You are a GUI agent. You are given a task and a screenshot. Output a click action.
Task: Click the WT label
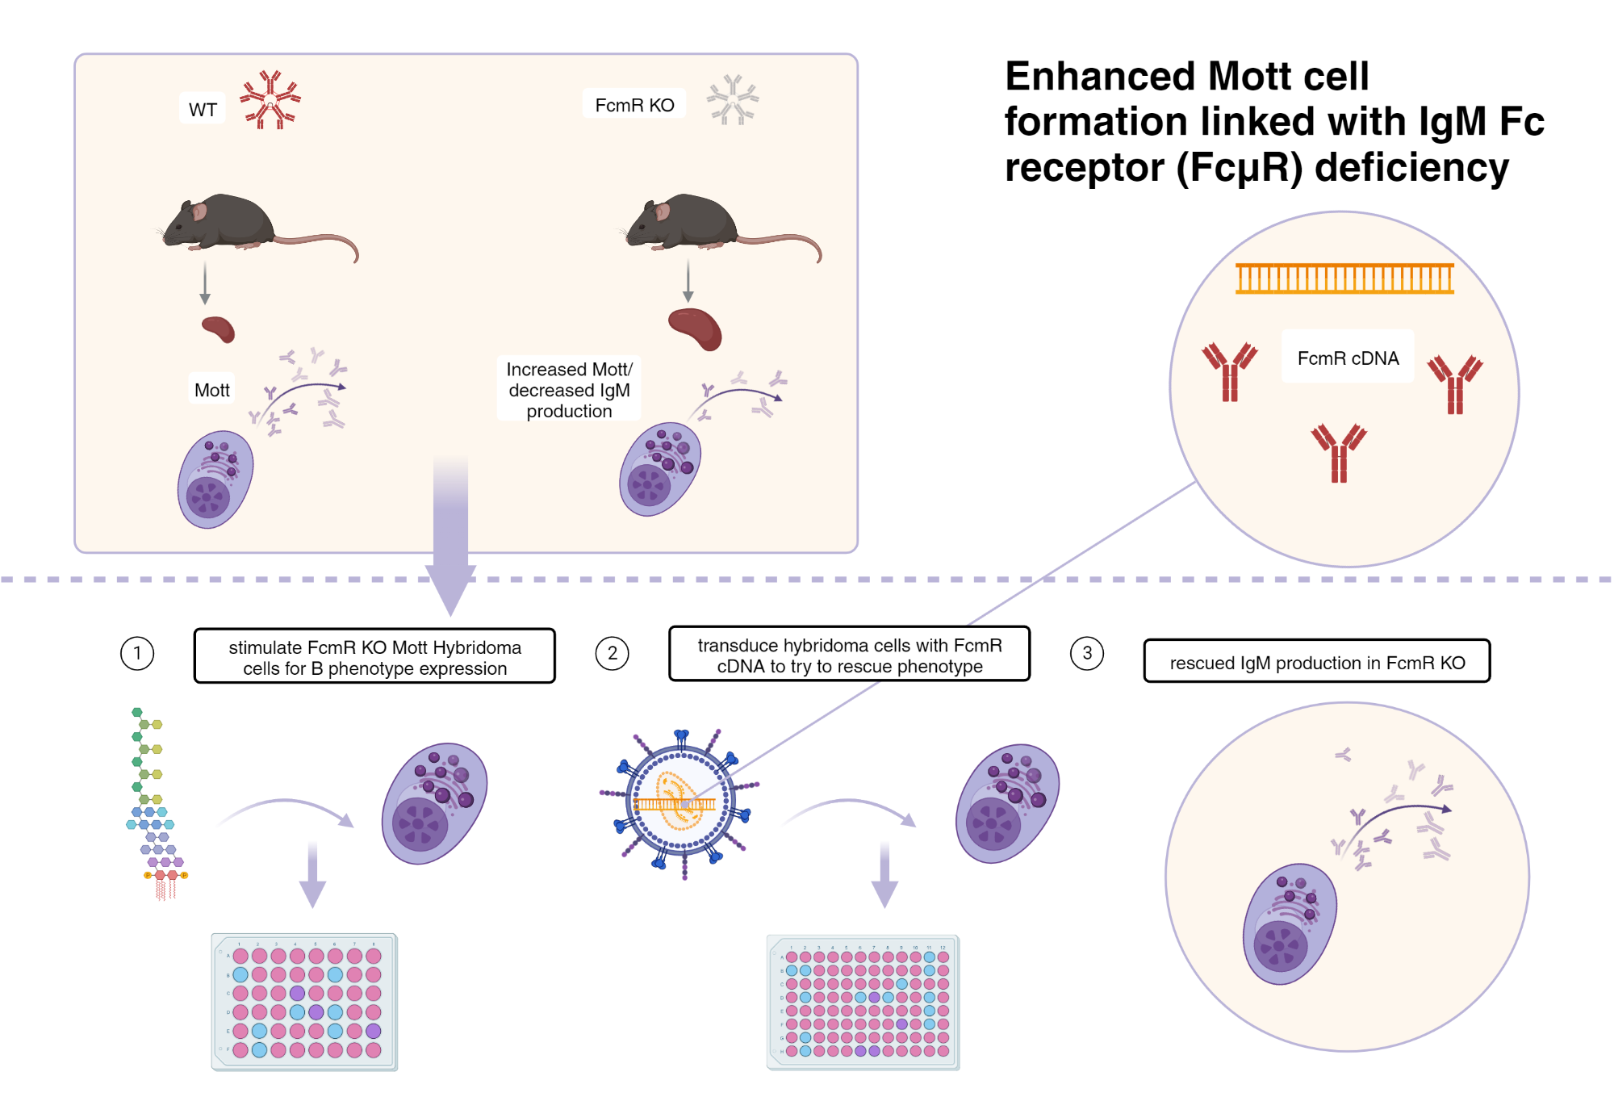[x=203, y=110]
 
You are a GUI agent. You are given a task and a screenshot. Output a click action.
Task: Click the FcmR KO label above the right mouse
[x=634, y=105]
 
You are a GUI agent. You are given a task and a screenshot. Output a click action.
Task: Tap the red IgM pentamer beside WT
[x=270, y=100]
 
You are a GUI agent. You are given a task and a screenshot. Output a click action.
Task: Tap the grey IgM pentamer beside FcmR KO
[x=733, y=100]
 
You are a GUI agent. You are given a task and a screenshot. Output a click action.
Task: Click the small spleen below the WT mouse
[x=218, y=329]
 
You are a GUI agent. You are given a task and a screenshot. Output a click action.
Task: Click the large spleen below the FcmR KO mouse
[x=696, y=329]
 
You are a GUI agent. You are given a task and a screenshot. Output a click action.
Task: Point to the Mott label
[x=211, y=391]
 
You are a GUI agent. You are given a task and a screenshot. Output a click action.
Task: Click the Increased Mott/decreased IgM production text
[x=569, y=390]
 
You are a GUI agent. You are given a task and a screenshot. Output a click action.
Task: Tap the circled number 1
[x=137, y=654]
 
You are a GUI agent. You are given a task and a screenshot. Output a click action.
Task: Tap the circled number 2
[x=613, y=654]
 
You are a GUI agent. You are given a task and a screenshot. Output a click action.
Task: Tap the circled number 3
[x=1087, y=654]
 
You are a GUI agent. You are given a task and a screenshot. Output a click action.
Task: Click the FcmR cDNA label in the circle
[x=1348, y=358]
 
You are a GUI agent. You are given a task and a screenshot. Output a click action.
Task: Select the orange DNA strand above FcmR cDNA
[x=1344, y=278]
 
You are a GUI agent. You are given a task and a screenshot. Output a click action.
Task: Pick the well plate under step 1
[x=304, y=1003]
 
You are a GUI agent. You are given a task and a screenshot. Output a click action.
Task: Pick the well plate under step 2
[x=863, y=1003]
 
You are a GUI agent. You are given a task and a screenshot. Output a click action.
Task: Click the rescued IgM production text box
[x=1317, y=663]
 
